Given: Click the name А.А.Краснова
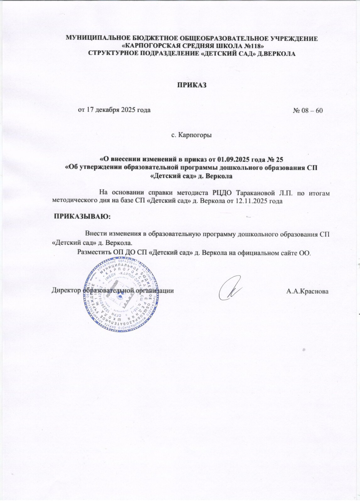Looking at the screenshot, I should point(307,291).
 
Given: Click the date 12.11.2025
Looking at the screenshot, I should point(253,201).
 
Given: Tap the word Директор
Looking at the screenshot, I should point(66,290).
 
